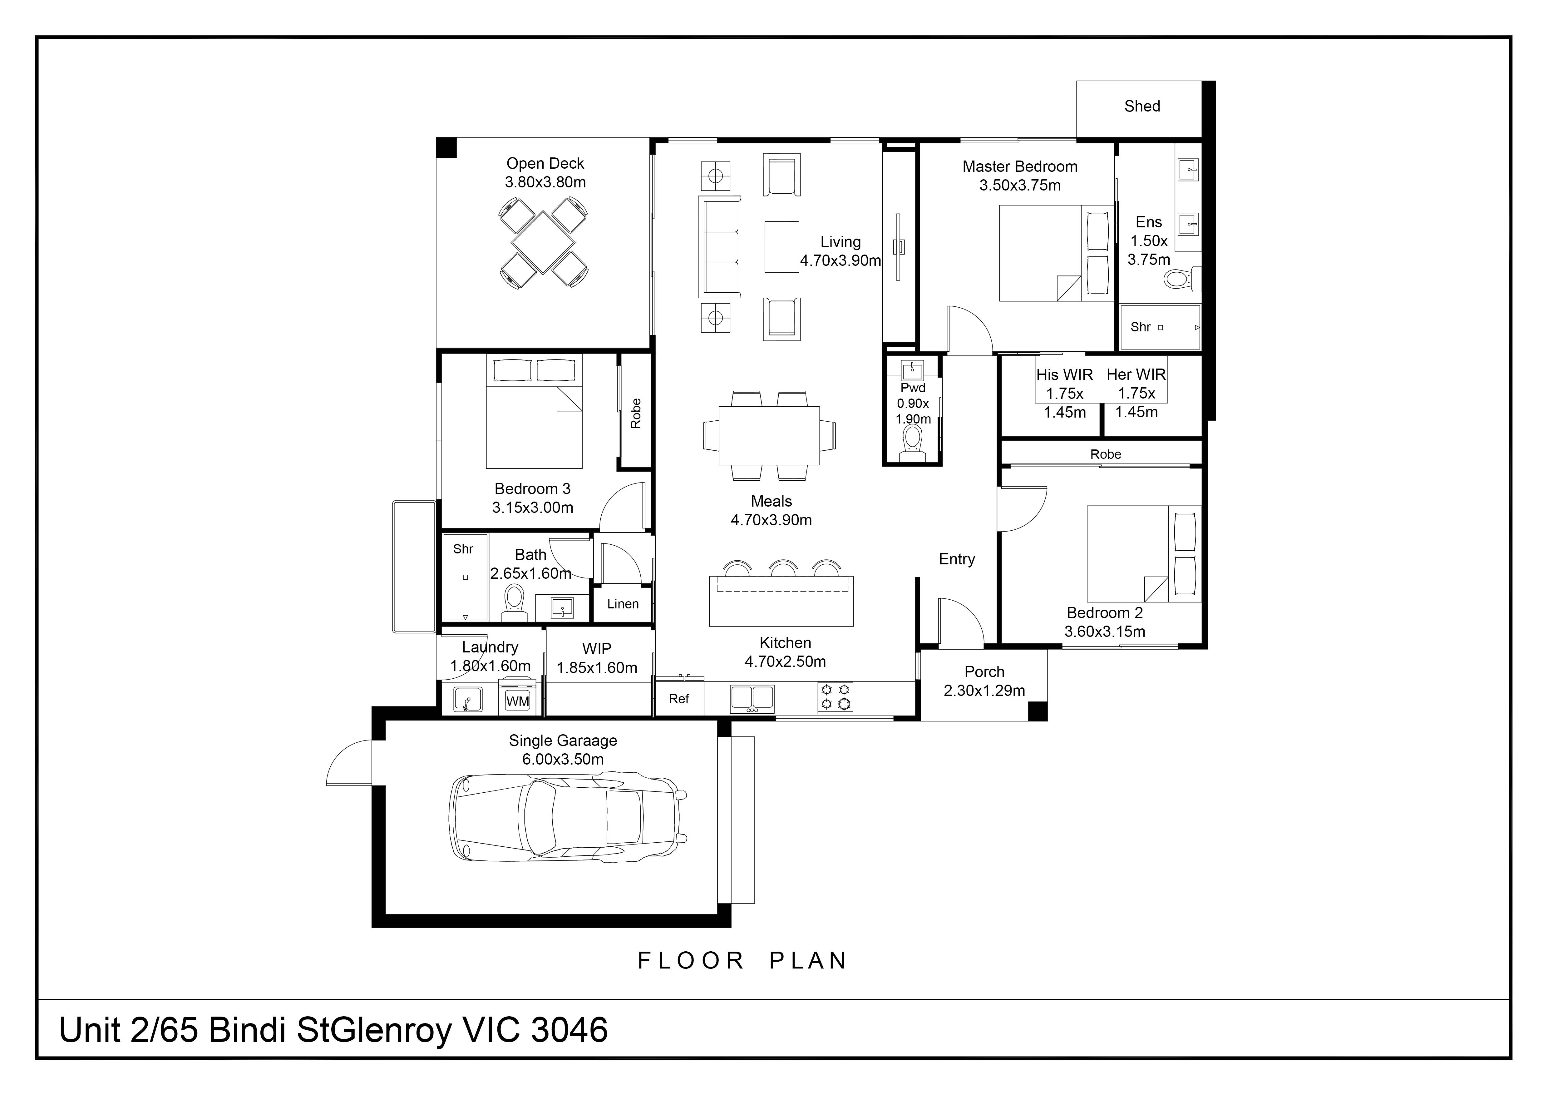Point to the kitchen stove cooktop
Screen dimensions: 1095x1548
point(836,697)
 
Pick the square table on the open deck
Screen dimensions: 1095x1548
point(543,241)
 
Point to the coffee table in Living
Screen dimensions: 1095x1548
point(781,247)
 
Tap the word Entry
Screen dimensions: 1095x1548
point(957,559)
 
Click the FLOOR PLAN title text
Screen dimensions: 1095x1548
point(742,960)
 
